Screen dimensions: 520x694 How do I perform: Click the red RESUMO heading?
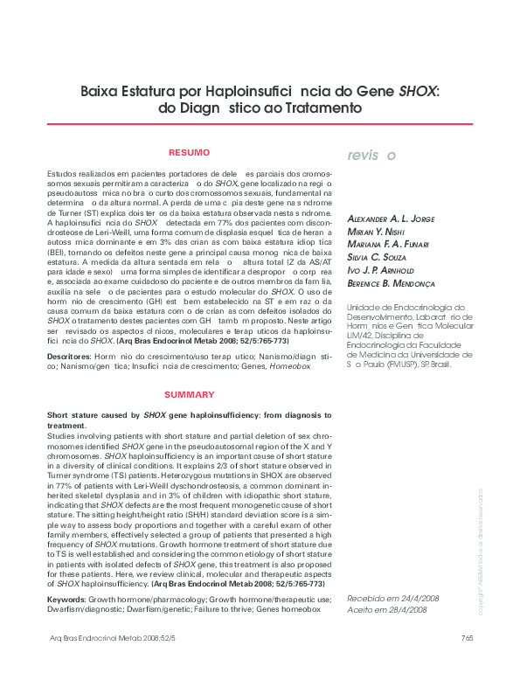point(189,152)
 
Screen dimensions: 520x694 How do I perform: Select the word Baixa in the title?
point(101,91)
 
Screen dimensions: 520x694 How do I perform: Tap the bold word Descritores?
point(69,357)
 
